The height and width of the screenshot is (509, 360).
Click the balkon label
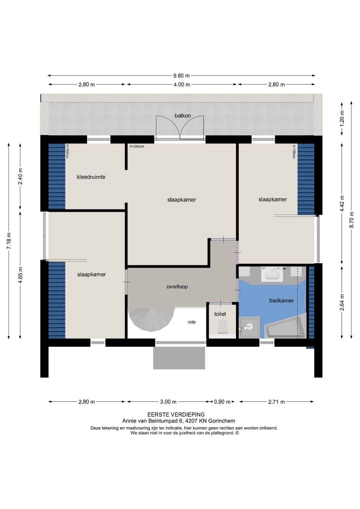pos(183,116)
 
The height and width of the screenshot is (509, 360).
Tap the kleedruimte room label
pos(91,177)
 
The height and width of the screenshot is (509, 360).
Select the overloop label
pos(177,287)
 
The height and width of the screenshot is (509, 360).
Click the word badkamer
pos(281,301)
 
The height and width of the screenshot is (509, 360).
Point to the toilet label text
pos(220,314)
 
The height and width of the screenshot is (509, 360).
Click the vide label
pos(191,322)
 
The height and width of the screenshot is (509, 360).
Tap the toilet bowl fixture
pos(223,327)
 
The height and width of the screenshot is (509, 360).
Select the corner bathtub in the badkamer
pos(286,326)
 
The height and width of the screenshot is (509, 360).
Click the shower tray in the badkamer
pos(249,327)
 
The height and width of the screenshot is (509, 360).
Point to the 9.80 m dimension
pos(181,76)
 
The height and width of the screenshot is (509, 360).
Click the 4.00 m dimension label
pos(182,84)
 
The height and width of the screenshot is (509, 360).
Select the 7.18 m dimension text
pos(9,241)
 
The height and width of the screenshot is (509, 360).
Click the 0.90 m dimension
pos(222,402)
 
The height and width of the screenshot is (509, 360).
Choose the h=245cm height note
pos(137,146)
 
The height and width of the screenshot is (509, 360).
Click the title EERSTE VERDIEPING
pos(176,415)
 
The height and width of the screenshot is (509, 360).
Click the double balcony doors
pos(180,128)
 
